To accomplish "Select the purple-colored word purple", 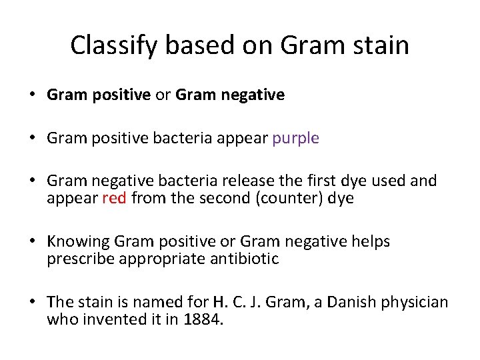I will pyautogui.click(x=295, y=138).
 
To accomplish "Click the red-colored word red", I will pyautogui.click(x=114, y=198).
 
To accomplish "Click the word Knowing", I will pyautogui.click(x=78, y=241).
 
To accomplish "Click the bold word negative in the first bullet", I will pyautogui.click(x=255, y=95).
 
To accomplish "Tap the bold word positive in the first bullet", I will pyautogui.click(x=119, y=95).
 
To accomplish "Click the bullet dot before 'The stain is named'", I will pyautogui.click(x=33, y=303).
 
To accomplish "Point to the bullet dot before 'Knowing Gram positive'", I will pyautogui.click(x=33, y=241).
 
